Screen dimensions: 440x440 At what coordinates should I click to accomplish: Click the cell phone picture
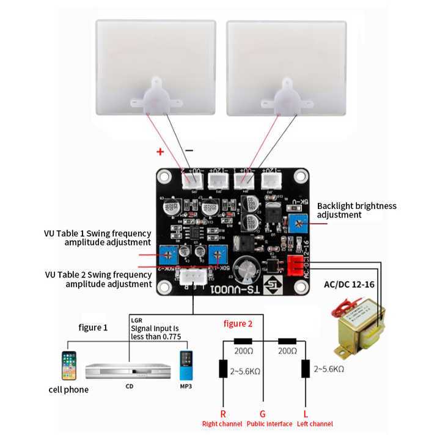click(69, 366)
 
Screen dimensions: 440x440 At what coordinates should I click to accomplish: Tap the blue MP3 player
click(186, 366)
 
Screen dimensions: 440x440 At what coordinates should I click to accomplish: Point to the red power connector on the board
click(295, 265)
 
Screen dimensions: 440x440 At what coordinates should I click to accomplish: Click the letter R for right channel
click(223, 413)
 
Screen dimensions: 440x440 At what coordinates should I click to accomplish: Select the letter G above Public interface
click(263, 413)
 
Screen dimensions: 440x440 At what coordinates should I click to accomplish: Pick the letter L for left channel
click(305, 413)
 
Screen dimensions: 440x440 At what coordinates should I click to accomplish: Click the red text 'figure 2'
click(238, 324)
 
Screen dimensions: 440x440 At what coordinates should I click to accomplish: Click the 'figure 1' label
click(94, 328)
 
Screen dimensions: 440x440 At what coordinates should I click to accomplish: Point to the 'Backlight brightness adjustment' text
click(356, 210)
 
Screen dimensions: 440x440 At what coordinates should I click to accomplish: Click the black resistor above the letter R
click(223, 369)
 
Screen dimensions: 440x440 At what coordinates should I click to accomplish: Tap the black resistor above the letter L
click(305, 369)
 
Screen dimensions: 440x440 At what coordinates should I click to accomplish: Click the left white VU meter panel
click(156, 67)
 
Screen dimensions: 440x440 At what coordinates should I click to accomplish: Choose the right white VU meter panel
click(286, 67)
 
